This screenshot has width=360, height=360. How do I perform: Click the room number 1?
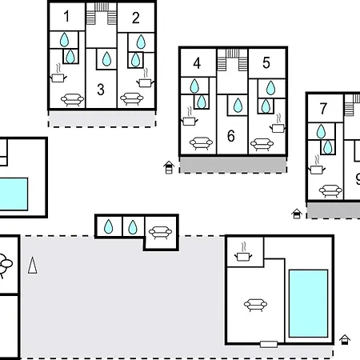66,16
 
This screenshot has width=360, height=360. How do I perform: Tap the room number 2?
136,18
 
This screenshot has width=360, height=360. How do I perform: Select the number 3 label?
101,90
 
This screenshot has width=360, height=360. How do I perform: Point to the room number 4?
197,63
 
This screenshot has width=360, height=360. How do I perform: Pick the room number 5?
266,63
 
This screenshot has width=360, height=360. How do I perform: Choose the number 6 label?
231,136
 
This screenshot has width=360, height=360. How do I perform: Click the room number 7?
323,109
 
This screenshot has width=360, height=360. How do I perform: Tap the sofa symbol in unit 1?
72,100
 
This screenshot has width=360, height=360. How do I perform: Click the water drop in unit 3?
106,58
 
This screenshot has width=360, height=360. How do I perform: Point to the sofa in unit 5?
262,144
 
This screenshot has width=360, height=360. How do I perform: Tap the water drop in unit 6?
238,105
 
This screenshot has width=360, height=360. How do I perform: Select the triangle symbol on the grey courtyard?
33,266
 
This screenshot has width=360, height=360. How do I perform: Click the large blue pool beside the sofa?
308,303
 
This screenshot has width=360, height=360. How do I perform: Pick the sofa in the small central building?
160,233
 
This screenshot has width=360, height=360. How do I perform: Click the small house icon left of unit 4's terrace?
169,167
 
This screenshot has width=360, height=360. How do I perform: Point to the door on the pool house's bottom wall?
269,344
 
